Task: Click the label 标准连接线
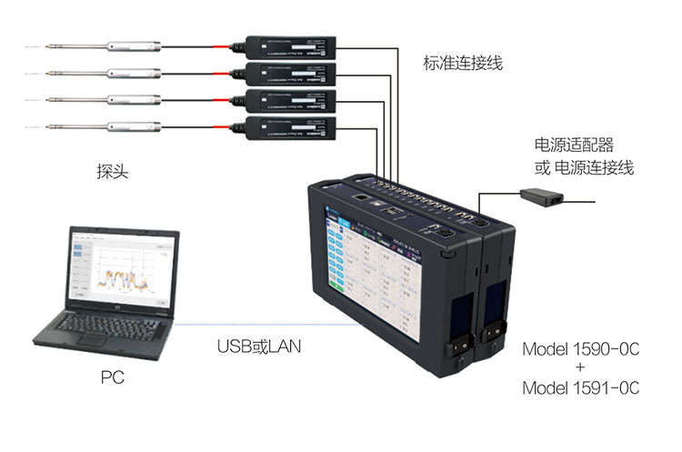(x=462, y=64)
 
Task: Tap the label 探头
(x=109, y=169)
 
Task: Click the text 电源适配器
(x=573, y=145)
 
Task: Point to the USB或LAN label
(x=259, y=347)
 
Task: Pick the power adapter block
(x=543, y=193)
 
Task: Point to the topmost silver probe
(x=136, y=44)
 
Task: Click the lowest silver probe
(x=136, y=125)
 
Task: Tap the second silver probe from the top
(x=136, y=71)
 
